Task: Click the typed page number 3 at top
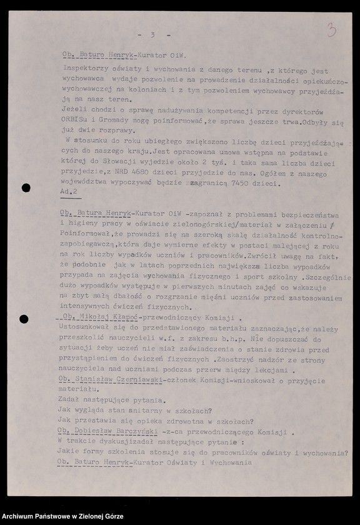[x=152, y=34]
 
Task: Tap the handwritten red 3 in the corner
[x=331, y=30]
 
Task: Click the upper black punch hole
[x=26, y=187]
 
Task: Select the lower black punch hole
[x=24, y=319]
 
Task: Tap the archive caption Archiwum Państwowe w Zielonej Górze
[x=62, y=516]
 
